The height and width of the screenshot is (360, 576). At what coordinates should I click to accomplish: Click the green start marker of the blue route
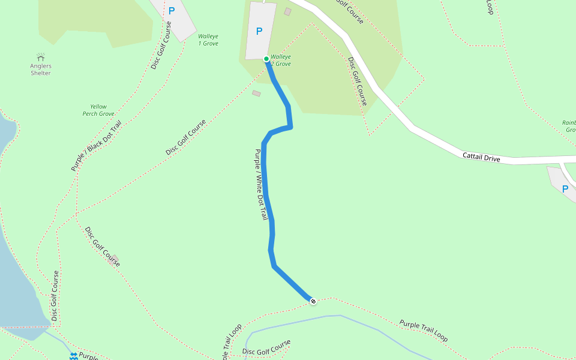(x=266, y=58)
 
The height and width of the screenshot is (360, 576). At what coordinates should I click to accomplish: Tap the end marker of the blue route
(x=313, y=300)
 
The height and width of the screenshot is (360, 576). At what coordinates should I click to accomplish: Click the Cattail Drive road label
(x=481, y=157)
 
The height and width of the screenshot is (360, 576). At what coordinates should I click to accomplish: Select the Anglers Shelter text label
(x=41, y=69)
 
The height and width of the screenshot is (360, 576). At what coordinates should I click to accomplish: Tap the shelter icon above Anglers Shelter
(x=41, y=56)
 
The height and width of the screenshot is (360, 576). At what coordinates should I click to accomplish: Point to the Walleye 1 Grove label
(x=208, y=40)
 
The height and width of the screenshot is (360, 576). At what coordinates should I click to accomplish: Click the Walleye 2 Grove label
(x=281, y=60)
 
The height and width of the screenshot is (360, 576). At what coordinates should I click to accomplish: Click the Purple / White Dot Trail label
(x=261, y=184)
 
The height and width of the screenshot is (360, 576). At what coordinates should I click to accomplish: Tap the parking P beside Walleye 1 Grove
(x=172, y=10)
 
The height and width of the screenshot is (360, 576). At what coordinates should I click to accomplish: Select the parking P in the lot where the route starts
(x=259, y=31)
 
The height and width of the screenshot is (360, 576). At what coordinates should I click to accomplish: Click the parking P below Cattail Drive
(x=565, y=189)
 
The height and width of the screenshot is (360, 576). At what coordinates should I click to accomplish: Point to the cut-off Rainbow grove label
(x=569, y=126)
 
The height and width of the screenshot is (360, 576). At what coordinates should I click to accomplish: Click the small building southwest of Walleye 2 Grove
(x=257, y=94)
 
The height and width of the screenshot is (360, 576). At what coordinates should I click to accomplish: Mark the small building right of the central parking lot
(x=287, y=11)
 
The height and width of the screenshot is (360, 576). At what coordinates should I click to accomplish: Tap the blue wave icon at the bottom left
(x=73, y=356)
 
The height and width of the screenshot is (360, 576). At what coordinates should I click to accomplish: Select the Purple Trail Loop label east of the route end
(x=424, y=331)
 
